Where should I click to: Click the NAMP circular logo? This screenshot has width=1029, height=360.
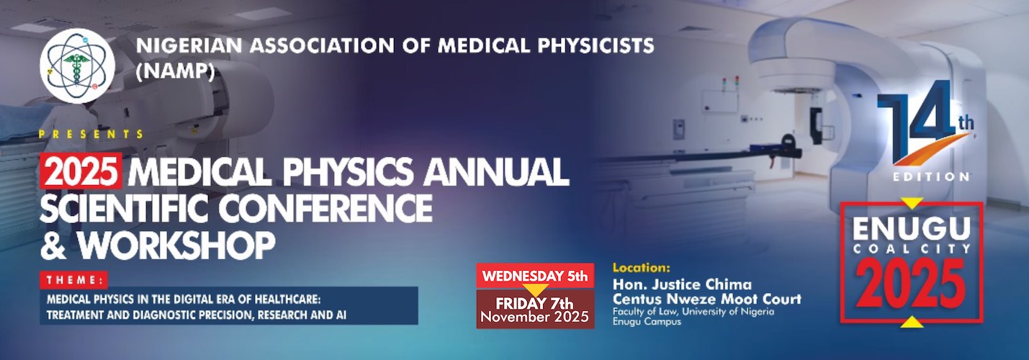point(77,66)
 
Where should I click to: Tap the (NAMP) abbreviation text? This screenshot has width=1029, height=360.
point(176,71)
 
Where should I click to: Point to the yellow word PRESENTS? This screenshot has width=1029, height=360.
point(91,134)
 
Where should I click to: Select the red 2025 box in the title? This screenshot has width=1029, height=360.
point(81,171)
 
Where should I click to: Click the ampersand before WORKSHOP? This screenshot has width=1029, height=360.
point(53,246)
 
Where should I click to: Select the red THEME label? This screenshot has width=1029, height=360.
point(74,279)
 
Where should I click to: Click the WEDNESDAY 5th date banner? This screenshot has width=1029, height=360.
point(535,276)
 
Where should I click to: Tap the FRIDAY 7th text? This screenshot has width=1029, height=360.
point(534,303)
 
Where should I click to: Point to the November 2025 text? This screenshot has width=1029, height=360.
point(535,317)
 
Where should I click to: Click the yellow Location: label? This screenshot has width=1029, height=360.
point(642,268)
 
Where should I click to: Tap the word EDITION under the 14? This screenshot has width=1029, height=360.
point(930,176)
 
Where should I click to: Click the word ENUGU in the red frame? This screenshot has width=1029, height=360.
point(912,229)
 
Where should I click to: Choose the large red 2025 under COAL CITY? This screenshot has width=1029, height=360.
point(912,284)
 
